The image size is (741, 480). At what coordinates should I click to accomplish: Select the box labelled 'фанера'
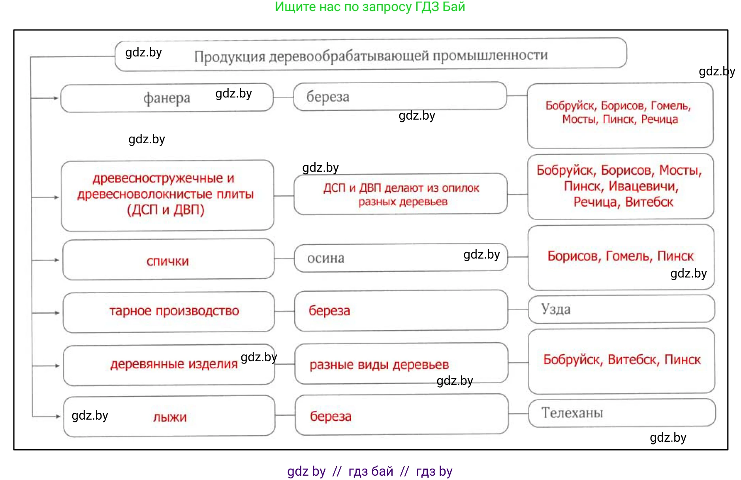pyautogui.click(x=167, y=98)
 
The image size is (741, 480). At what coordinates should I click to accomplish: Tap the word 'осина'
pyautogui.click(x=326, y=258)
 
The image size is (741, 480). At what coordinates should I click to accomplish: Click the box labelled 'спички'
pyautogui.click(x=168, y=261)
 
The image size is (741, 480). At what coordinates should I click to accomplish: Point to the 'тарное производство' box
pyautogui.click(x=174, y=311)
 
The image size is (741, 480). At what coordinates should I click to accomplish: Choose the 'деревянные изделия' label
pyautogui.click(x=174, y=364)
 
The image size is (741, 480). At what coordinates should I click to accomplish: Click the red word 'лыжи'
pyautogui.click(x=170, y=417)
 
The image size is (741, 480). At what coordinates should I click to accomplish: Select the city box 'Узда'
pyautogui.click(x=556, y=309)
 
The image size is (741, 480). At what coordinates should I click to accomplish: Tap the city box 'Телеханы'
pyautogui.click(x=572, y=413)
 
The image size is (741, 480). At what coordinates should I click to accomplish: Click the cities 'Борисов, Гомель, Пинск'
pyautogui.click(x=620, y=256)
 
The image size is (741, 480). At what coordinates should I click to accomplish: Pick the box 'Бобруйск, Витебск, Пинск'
pyautogui.click(x=622, y=360)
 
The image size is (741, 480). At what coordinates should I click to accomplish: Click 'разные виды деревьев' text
pyautogui.click(x=379, y=365)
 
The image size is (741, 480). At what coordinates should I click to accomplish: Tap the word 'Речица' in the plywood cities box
pyautogui.click(x=659, y=119)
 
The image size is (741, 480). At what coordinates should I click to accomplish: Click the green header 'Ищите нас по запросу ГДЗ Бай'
pyautogui.click(x=370, y=7)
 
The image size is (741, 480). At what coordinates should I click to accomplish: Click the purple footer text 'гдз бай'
pyautogui.click(x=370, y=471)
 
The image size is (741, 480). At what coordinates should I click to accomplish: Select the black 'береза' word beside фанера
pyautogui.click(x=328, y=97)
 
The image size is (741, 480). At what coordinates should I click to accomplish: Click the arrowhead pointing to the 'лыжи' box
pyautogui.click(x=58, y=416)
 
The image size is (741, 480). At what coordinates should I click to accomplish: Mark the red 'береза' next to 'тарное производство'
pyautogui.click(x=329, y=311)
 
